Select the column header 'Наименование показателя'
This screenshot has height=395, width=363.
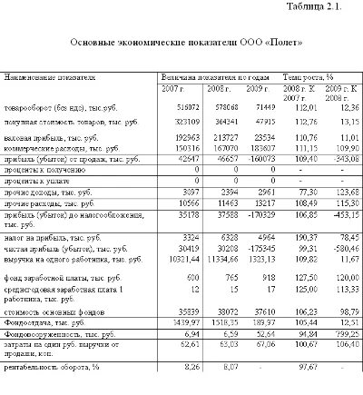pyautogui.click(x=43, y=78)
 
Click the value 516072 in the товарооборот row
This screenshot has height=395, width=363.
pyautogui.click(x=187, y=106)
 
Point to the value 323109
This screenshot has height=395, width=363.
pyautogui.click(x=187, y=121)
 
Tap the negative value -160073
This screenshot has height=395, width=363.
pyautogui.click(x=261, y=157)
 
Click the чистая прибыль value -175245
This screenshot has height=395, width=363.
pyautogui.click(x=261, y=247)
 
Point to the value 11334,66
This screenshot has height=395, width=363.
pyautogui.click(x=223, y=257)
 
